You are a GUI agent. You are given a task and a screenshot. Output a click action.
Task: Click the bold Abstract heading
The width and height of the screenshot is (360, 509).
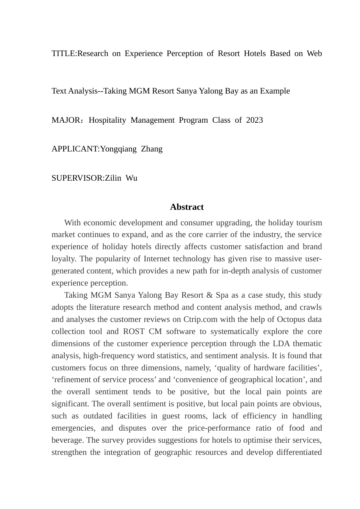186,207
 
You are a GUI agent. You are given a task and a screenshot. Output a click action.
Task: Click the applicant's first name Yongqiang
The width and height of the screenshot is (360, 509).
118,149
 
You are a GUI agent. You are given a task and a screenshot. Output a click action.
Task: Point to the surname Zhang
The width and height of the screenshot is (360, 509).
152,149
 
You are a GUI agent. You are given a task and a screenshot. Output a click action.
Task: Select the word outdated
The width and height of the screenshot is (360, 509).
97,416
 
